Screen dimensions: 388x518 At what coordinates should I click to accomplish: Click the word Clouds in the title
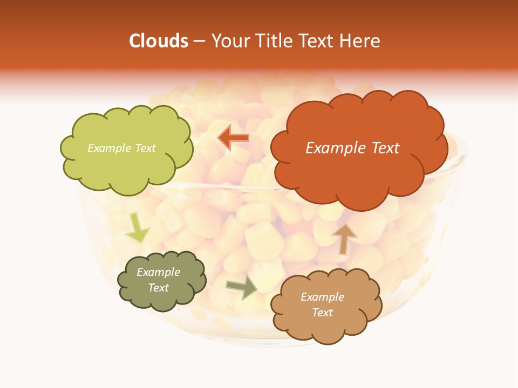[159, 41]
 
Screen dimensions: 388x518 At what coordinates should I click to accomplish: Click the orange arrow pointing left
[233, 138]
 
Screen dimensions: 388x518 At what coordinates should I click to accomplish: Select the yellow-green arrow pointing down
[137, 228]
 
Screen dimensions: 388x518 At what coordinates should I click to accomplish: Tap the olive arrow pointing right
[242, 287]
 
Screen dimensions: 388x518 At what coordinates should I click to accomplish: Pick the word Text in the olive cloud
[159, 288]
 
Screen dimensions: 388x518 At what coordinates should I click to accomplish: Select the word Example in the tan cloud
[322, 297]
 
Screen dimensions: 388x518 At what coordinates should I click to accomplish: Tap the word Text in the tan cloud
[322, 313]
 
